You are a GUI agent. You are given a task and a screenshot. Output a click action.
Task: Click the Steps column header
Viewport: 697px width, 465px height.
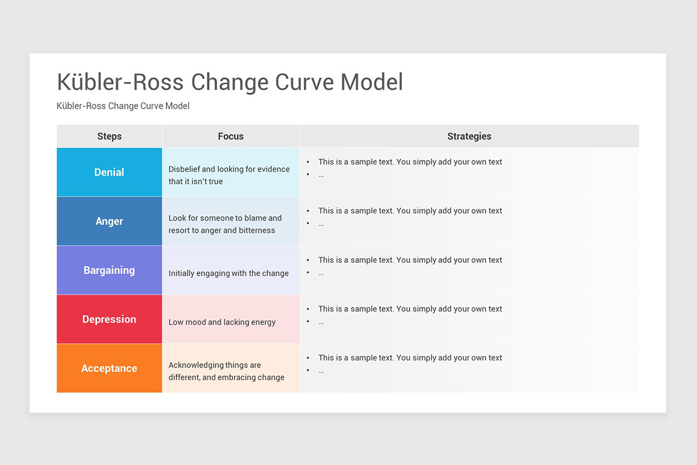pyautogui.click(x=109, y=137)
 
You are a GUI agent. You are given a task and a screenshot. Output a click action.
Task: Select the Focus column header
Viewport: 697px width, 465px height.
pyautogui.click(x=231, y=137)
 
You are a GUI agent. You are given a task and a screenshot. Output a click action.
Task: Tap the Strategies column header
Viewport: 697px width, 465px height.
pyautogui.click(x=469, y=137)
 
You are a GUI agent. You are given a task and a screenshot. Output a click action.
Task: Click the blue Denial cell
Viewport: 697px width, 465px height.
pyautogui.click(x=109, y=172)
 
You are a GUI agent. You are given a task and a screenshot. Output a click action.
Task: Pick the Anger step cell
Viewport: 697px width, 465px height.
pyautogui.click(x=109, y=221)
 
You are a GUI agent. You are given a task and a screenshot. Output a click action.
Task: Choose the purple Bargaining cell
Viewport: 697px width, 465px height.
pyautogui.click(x=109, y=270)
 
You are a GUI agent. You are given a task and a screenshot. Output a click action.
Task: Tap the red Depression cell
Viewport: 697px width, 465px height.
pyautogui.click(x=109, y=319)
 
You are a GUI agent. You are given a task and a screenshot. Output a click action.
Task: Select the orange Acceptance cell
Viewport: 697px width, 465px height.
pyautogui.click(x=109, y=368)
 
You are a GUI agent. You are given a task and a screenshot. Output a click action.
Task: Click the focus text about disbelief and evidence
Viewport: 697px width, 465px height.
pyautogui.click(x=229, y=175)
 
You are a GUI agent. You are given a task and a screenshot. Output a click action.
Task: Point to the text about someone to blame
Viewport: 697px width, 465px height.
pyautogui.click(x=225, y=224)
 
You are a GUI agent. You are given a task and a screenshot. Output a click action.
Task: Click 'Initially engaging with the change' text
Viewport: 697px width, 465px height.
pyautogui.click(x=228, y=273)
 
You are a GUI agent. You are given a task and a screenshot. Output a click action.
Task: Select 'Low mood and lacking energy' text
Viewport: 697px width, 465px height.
pyautogui.click(x=222, y=322)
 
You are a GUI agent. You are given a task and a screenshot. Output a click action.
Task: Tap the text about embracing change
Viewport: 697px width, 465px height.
pyautogui.click(x=227, y=371)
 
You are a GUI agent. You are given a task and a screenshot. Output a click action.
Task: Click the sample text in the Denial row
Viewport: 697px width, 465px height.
pyautogui.click(x=410, y=162)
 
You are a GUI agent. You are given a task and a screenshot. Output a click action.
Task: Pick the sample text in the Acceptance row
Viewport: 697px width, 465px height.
pyautogui.click(x=410, y=358)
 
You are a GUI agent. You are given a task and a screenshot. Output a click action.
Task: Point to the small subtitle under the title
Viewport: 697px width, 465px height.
pyautogui.click(x=123, y=106)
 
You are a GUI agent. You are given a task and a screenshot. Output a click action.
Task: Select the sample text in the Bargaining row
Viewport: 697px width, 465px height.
pyautogui.click(x=410, y=260)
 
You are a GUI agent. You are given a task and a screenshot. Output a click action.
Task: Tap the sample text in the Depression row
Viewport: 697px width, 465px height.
pyautogui.click(x=410, y=309)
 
